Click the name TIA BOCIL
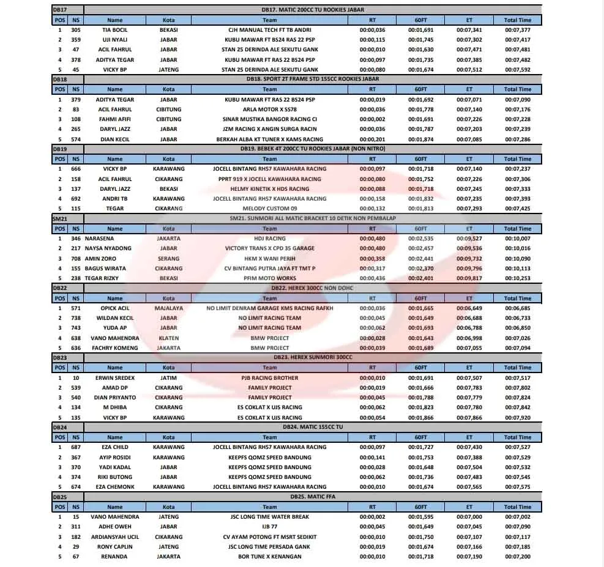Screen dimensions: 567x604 coord(114,30)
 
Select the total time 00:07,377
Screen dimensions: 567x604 coord(518,30)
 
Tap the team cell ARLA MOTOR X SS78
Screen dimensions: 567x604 coord(269,109)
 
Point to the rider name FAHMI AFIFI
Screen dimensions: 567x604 coord(114,119)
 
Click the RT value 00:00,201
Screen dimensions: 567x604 coord(372,139)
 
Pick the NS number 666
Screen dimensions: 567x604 coord(75,169)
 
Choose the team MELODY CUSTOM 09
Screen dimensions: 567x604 coord(269,209)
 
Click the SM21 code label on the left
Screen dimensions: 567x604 coord(60,218)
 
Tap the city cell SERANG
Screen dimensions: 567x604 coord(168,259)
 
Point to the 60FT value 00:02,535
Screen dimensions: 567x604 coord(420,239)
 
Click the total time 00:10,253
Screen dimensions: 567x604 coord(518,278)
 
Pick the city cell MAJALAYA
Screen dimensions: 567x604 coord(168,308)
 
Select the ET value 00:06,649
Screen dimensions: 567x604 coord(469,308)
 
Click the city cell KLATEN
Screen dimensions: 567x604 coord(168,338)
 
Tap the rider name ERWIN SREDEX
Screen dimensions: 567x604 coord(114,378)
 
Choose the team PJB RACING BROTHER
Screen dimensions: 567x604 coord(269,378)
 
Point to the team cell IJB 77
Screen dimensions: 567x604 coord(269,527)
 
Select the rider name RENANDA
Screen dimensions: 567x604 coord(114,557)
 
